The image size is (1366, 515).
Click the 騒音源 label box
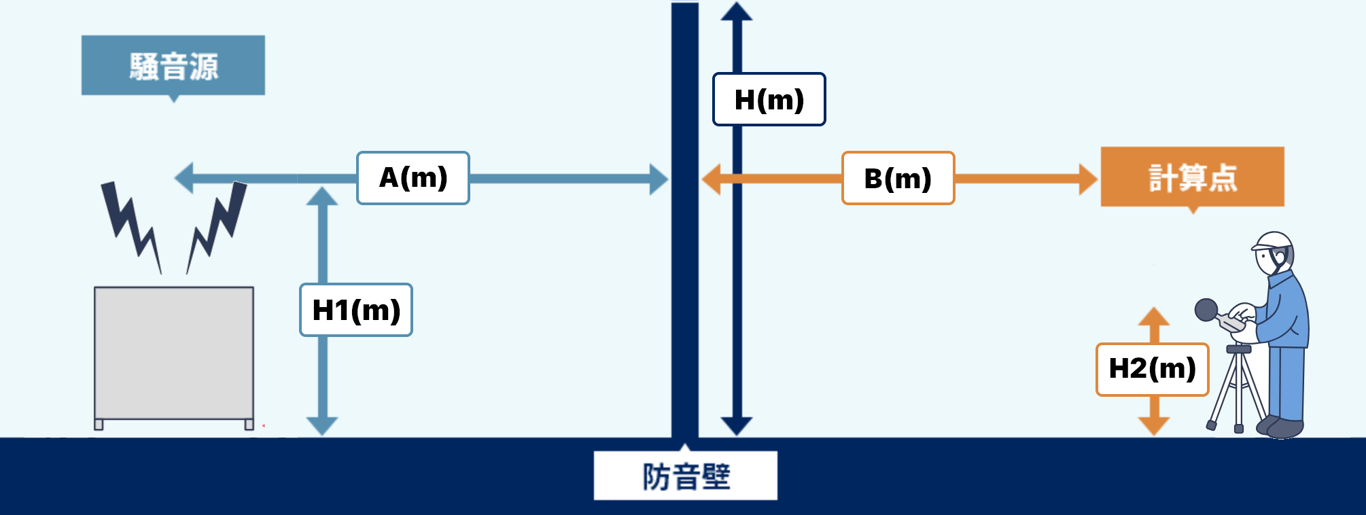tap(173, 65)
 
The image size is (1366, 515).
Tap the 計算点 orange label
tap(1192, 177)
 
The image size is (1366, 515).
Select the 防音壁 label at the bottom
tap(685, 476)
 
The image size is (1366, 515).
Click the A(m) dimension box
tap(413, 178)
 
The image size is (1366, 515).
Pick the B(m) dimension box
tap(898, 178)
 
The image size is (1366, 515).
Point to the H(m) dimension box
tap(769, 99)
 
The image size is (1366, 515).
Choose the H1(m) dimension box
tap(355, 310)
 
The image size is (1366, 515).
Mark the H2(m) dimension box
tap(1152, 369)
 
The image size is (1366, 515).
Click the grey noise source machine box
tap(174, 353)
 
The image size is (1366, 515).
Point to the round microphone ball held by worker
tap(1206, 310)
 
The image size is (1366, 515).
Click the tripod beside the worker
tap(1237, 391)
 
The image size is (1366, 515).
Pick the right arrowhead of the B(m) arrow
tap(1087, 179)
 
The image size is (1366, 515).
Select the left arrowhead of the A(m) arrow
tap(184, 179)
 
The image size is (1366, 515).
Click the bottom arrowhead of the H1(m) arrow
tap(322, 426)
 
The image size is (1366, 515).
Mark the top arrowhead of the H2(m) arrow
tap(1153, 317)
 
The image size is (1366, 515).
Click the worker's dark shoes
tap(1280, 427)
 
